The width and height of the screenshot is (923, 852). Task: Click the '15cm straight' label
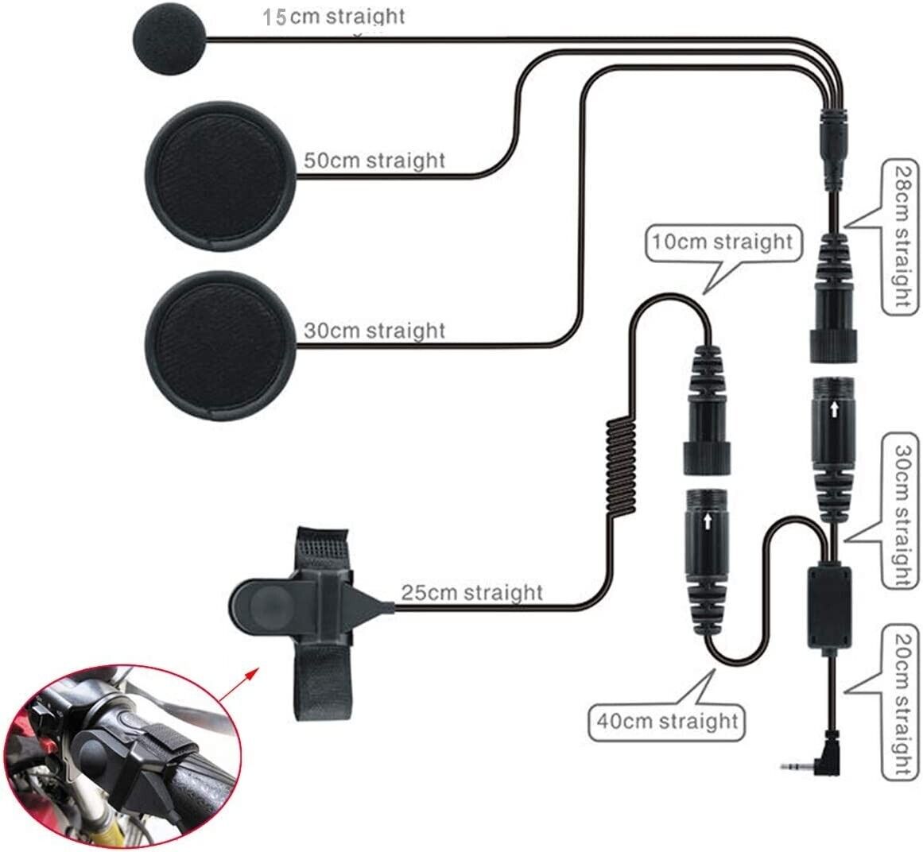[334, 17]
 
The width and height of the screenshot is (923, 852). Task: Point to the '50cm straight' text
[374, 160]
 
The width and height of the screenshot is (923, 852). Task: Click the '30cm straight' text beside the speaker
[374, 330]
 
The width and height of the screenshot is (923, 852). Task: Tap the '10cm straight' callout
[722, 241]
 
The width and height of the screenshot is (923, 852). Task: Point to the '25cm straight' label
[471, 593]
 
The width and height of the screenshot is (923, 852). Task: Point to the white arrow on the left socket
[706, 521]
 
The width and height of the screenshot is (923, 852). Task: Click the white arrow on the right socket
[833, 410]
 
